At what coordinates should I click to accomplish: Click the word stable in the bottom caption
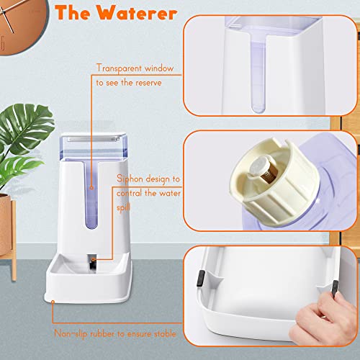tap(165, 334)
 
